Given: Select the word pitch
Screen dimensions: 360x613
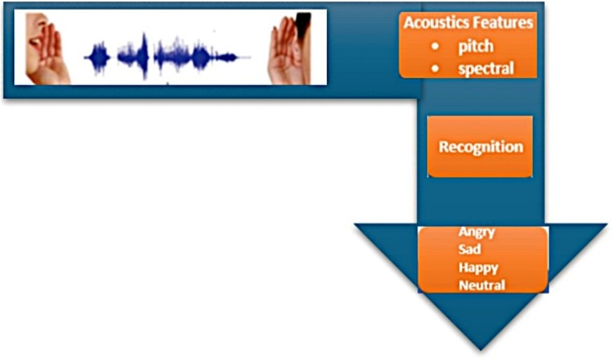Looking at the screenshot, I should (476, 47).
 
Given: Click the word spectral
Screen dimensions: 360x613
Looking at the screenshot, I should (486, 68).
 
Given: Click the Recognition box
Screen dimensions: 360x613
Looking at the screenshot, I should (480, 147).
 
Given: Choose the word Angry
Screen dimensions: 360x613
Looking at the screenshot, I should (477, 232).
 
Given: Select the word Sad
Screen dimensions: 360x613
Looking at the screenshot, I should (470, 250).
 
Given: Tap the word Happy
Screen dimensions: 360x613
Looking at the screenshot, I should (478, 268).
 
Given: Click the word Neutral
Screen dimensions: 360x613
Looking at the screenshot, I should (481, 286).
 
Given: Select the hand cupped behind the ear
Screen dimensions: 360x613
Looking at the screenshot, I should (282, 53).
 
